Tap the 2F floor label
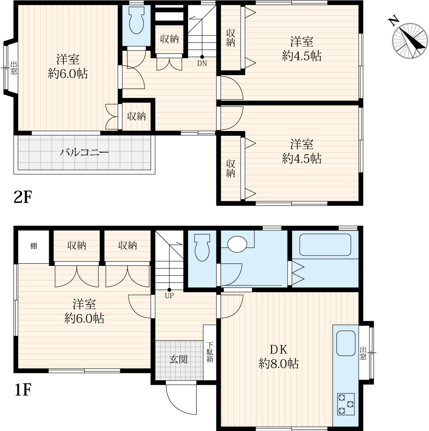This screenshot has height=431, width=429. click(x=23, y=197)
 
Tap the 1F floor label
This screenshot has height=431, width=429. click(x=23, y=390)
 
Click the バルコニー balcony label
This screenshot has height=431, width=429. click(x=85, y=152)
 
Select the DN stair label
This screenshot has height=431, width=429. click(x=202, y=63)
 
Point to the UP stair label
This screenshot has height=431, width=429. click(x=169, y=296)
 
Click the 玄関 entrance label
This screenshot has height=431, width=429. click(x=179, y=359)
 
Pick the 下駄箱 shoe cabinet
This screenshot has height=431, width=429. click(x=210, y=353)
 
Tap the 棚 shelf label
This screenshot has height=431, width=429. click(x=34, y=246)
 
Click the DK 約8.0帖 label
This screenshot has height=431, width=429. click(x=279, y=356)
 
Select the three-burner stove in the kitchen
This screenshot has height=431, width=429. click(x=346, y=404)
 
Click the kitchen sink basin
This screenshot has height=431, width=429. click(x=346, y=343)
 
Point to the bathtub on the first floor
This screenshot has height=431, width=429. click(x=325, y=245)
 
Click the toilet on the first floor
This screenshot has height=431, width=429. click(x=202, y=247)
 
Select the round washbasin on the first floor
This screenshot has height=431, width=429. click(x=237, y=244)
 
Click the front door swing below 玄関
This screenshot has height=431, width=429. click(x=181, y=398)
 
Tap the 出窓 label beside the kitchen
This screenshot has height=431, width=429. click(x=363, y=353)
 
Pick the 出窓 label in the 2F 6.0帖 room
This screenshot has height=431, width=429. click(x=13, y=68)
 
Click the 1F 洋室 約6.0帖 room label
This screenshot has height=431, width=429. click(x=84, y=311)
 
